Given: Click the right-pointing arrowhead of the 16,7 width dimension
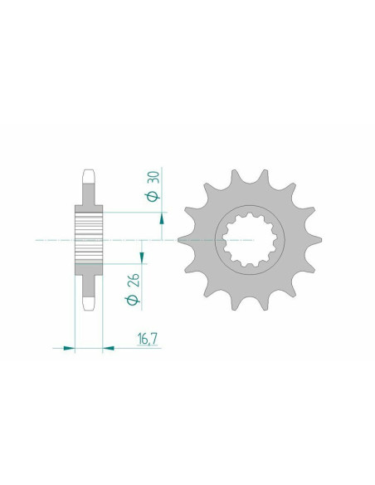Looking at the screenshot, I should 107,348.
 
